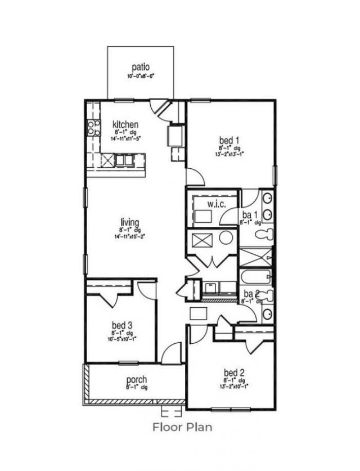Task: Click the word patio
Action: (141, 68)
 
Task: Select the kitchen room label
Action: (125, 124)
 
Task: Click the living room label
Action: (129, 222)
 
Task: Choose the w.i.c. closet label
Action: (217, 204)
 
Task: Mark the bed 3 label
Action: (121, 325)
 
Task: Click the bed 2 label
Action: (233, 373)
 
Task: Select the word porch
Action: (137, 379)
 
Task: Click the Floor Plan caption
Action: (183, 427)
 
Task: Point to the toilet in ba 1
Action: (264, 234)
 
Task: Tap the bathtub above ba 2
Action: (256, 277)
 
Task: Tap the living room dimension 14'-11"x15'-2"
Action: (129, 236)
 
